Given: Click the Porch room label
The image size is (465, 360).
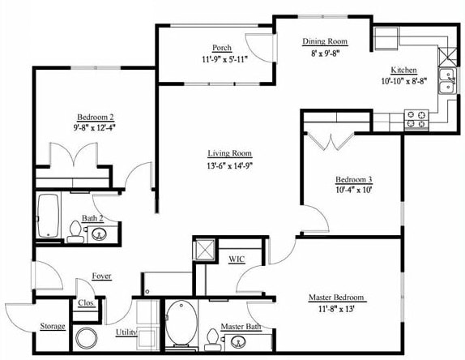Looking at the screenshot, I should (223, 48).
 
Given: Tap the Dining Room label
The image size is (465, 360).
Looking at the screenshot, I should (324, 41).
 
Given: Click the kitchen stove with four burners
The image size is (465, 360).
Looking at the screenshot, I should (416, 119).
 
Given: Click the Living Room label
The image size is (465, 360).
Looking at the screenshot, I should (230, 153).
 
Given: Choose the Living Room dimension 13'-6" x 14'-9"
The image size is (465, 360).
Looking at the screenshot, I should (230, 166).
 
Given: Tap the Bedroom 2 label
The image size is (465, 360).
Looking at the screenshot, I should (95, 116).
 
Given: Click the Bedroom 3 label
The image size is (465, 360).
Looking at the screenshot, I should (354, 179).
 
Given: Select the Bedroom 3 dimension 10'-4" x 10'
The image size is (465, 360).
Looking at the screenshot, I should (354, 191).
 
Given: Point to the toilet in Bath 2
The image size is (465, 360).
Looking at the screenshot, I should (75, 233).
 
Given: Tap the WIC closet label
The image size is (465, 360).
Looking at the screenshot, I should (237, 259).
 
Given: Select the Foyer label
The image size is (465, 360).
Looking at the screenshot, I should (101, 276).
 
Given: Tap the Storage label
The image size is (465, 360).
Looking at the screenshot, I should (53, 326).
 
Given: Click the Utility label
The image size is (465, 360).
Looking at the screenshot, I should (126, 332).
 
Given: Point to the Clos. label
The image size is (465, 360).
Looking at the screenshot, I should (86, 303).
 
